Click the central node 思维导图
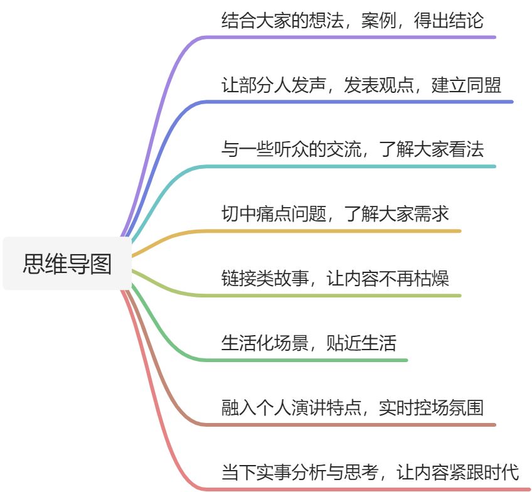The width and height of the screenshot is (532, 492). pos(67,263)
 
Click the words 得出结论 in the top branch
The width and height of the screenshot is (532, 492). pos(449,20)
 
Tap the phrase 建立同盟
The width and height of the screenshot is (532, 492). pos(466,85)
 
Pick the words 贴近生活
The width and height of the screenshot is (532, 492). pos(361,343)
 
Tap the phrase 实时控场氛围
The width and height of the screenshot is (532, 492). pos(431,408)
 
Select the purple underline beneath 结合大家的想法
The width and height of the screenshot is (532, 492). pos(351,37)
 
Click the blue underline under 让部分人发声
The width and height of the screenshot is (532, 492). pos(364,102)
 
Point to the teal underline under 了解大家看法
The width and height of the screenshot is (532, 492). pos(439,166)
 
